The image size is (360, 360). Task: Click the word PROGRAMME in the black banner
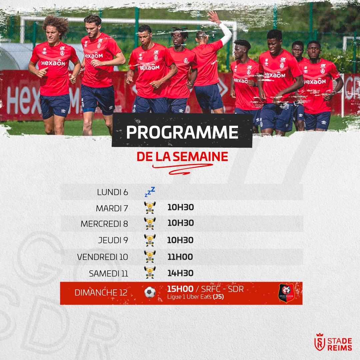click(182, 132)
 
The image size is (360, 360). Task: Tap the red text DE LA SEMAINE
click(182, 156)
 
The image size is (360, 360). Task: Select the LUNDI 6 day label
click(112, 192)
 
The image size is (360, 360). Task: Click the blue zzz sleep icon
click(150, 192)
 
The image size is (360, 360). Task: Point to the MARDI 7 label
click(112, 208)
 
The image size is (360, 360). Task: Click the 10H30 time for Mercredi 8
click(180, 223)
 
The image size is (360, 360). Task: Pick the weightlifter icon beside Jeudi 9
click(150, 240)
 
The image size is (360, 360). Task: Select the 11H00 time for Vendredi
click(180, 257)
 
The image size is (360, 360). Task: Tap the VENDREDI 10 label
click(102, 257)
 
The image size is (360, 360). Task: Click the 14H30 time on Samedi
click(180, 273)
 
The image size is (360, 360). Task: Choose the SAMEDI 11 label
click(108, 274)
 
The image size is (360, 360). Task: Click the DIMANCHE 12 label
click(101, 293)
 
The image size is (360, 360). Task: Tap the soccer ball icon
click(150, 293)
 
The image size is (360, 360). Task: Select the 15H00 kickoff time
click(180, 289)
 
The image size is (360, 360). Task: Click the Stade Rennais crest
click(286, 293)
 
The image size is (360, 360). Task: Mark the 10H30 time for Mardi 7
click(180, 208)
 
